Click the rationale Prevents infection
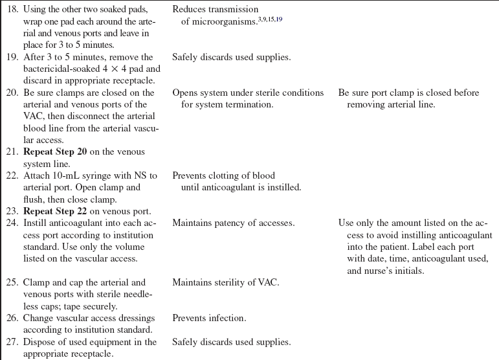click(x=209, y=318)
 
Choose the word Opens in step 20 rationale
click(x=186, y=93)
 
